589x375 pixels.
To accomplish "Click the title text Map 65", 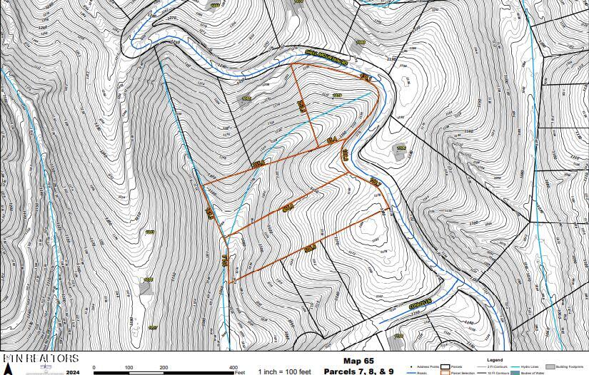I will pos(358,361).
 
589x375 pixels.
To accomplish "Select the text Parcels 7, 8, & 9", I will pos(358,371).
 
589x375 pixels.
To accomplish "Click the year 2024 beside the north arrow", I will pos(71,371).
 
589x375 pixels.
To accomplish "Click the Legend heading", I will pos(494,359).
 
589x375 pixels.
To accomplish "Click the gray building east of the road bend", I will pos(399,151).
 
